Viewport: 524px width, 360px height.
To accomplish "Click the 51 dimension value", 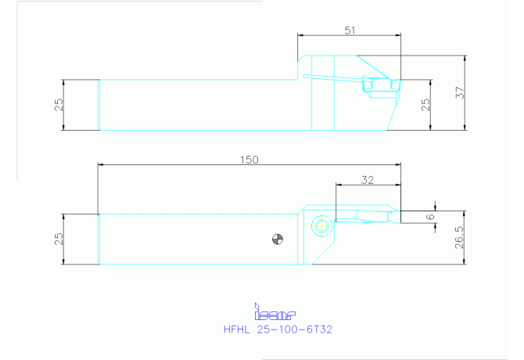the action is [x=350, y=31].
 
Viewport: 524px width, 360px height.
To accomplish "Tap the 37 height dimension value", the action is [x=460, y=92].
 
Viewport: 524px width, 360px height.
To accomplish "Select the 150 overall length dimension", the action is [x=249, y=160].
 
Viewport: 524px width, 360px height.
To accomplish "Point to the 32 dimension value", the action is [x=368, y=180].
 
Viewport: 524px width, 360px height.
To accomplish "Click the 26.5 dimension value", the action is [x=460, y=237].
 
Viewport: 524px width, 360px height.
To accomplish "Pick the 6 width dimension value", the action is [x=431, y=217].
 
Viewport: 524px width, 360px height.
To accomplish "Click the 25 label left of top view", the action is [x=59, y=105].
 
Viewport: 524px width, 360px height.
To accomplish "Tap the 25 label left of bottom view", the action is [x=59, y=239].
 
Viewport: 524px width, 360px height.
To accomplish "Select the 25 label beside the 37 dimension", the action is [x=425, y=105].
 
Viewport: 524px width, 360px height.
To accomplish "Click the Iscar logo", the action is [x=275, y=311].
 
